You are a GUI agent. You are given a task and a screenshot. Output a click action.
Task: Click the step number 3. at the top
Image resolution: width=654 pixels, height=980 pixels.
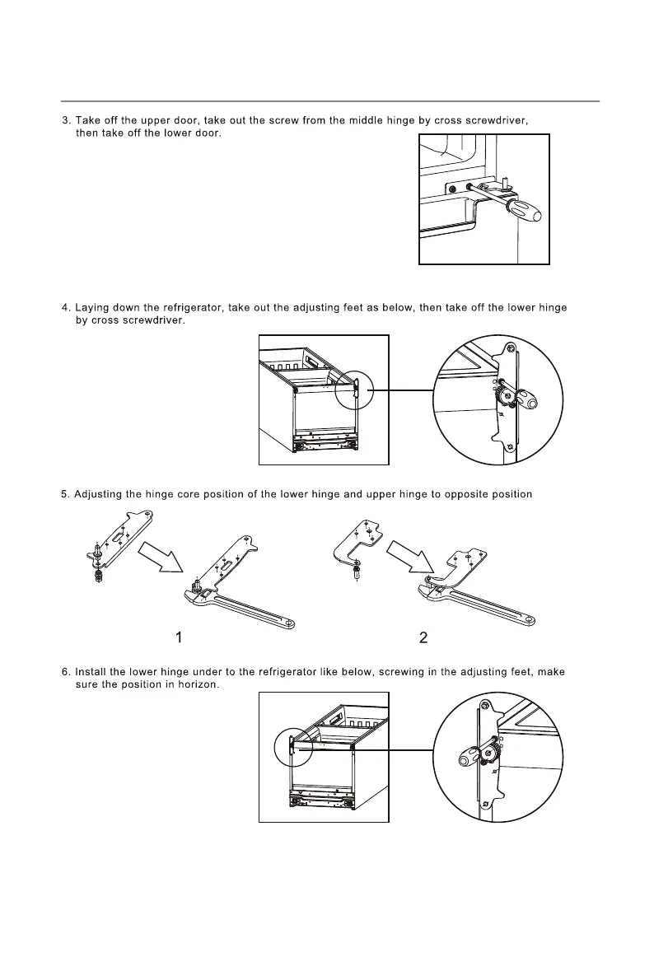[x=66, y=121]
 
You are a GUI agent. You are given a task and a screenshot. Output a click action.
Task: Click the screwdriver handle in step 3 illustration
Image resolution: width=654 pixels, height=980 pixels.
[x=525, y=212]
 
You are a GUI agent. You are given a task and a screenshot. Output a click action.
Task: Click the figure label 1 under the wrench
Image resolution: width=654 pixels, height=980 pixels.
[x=178, y=637]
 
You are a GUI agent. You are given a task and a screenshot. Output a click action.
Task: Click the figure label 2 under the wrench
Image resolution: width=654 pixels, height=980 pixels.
[x=423, y=637]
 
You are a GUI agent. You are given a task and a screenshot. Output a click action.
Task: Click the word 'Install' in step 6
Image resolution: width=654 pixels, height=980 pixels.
[x=90, y=672]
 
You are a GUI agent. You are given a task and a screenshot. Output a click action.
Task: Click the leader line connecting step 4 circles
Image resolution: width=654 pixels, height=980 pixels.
[x=404, y=390]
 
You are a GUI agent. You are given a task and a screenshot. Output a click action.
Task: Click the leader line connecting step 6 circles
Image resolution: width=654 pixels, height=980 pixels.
[x=371, y=749]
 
